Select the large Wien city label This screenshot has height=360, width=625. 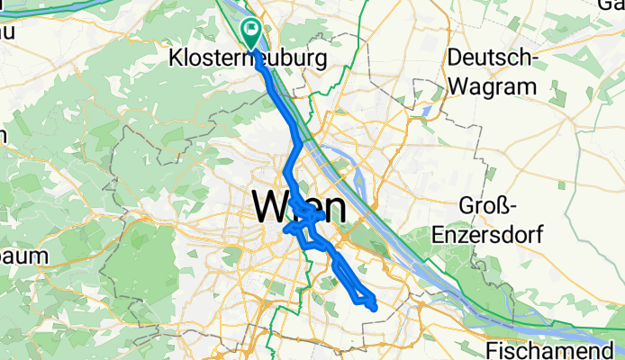tap(299, 208)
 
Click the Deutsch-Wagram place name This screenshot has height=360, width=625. tap(492, 73)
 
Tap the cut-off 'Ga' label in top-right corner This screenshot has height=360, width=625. tap(611, 4)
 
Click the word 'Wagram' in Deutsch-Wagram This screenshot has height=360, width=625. tap(492, 87)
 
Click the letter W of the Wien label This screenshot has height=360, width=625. tap(269, 208)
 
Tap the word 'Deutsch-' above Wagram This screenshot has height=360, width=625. tap(492, 58)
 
